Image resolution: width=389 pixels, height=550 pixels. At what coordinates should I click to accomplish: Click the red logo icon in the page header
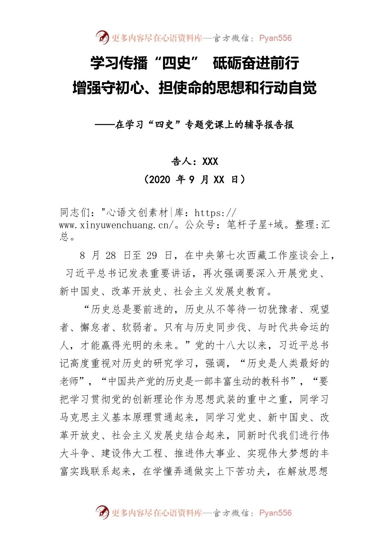tap(102, 38)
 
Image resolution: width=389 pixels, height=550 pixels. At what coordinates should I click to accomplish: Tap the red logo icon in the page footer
tap(102, 512)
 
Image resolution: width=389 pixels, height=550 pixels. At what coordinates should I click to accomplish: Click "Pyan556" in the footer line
tap(276, 513)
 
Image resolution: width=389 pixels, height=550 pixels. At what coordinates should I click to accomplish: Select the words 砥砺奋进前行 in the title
tap(256, 63)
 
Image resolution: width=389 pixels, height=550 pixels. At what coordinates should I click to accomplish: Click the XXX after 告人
tap(210, 162)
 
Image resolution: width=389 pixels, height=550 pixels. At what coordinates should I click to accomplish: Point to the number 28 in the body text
tap(111, 256)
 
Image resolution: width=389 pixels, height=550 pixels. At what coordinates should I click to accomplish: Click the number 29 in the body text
tap(152, 256)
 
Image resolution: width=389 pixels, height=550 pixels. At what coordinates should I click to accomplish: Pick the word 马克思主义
tap(85, 417)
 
